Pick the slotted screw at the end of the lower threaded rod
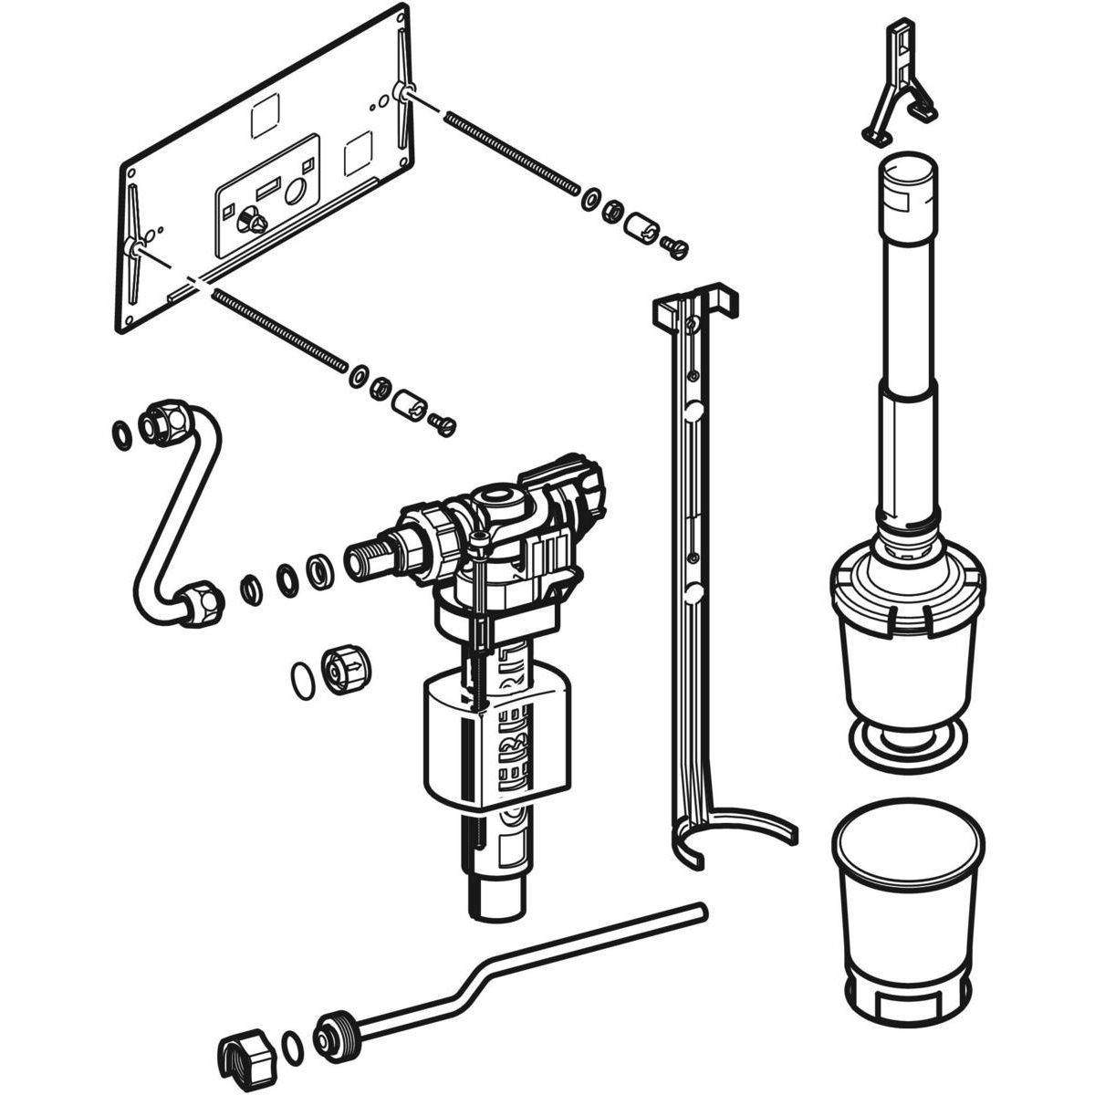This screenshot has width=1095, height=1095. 443,422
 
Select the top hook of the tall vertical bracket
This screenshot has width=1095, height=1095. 693,306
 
